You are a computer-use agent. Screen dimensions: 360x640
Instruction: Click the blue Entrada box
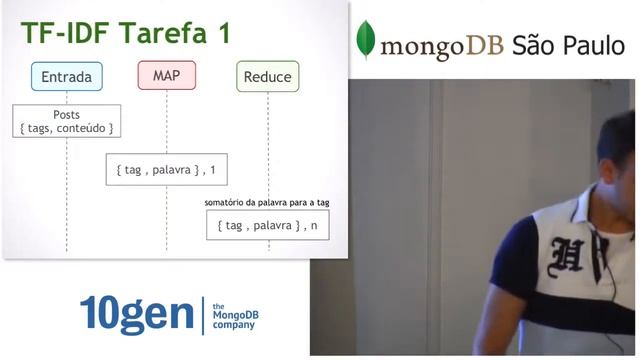[x=67, y=77]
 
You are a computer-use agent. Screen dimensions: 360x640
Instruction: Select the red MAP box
[x=167, y=75]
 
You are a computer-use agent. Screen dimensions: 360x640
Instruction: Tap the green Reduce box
[x=267, y=77]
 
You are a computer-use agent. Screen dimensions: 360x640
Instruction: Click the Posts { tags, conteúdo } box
[x=67, y=121]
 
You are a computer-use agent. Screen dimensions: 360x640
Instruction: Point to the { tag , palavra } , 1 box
[x=167, y=170]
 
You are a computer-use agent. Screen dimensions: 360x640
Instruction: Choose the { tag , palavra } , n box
[x=267, y=225]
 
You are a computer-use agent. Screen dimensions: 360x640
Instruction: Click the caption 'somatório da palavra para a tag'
[x=266, y=202]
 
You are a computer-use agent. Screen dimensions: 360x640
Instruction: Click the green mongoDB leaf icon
[x=367, y=39]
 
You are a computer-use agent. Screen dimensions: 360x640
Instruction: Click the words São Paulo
[x=567, y=44]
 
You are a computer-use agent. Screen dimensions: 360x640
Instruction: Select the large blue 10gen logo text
[x=136, y=314]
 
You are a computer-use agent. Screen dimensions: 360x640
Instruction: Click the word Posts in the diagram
[x=67, y=114]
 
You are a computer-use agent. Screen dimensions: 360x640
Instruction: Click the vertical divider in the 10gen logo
[x=203, y=314]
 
